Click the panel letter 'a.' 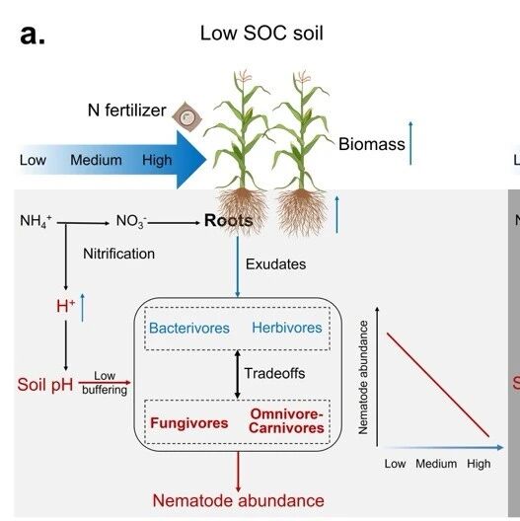pos(33,35)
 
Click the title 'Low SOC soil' pos(261,34)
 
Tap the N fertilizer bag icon pos(187,116)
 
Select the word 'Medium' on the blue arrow pos(96,160)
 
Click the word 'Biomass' pos(372,144)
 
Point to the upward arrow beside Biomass pos(410,143)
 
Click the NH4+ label pos(36,221)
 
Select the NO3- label pos(131,221)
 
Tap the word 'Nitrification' pos(119,254)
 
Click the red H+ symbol pos(66,306)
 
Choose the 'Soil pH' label pos(45,385)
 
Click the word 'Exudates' pos(275,264)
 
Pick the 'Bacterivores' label pos(189,328)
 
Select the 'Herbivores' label pos(287,328)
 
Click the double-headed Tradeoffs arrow pos(237,374)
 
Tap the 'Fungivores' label pos(189,423)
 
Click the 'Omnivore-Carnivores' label pos(286,421)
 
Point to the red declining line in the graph pos(438,385)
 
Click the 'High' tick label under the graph pos(479,464)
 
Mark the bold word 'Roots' pos(229,221)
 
